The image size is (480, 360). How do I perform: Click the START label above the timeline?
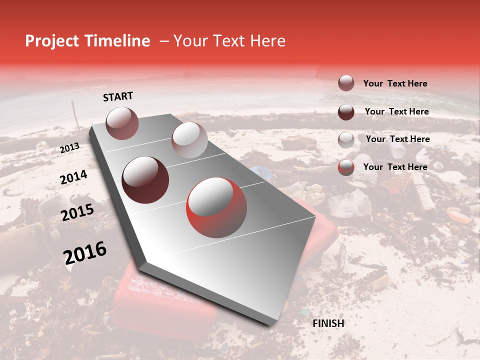[x=118, y=96]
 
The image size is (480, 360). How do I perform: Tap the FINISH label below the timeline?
[x=328, y=323]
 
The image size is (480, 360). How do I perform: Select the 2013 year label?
[x=69, y=148]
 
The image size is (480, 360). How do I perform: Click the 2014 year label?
[x=73, y=177]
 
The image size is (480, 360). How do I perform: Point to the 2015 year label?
[x=77, y=212]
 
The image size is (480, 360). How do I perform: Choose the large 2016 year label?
[x=85, y=253]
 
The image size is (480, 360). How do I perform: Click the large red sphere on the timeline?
[x=216, y=207]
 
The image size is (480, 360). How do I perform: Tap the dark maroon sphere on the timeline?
[x=145, y=180]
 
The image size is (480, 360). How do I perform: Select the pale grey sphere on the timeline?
[x=189, y=139]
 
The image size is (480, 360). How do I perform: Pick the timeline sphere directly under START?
[x=122, y=123]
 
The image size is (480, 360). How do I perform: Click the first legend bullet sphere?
[x=346, y=83]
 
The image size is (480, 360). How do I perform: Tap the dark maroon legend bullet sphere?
[x=346, y=111]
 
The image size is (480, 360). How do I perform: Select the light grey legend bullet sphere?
[x=346, y=139]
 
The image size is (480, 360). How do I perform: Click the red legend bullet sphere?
[x=346, y=167]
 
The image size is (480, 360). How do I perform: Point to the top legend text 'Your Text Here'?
[x=395, y=83]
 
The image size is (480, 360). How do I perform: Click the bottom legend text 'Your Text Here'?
[x=395, y=167]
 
